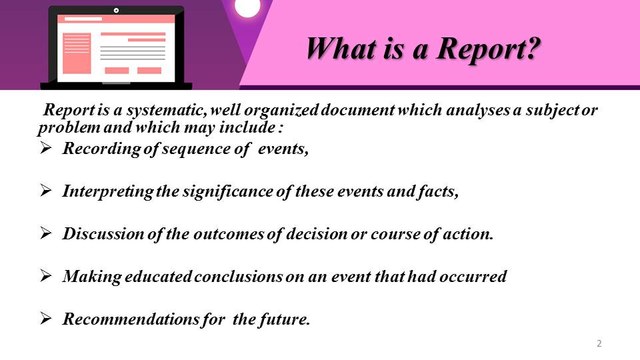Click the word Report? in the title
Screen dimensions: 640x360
pyautogui.click(x=489, y=49)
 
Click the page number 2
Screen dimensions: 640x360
pyautogui.click(x=599, y=343)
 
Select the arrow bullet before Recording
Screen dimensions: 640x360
pyautogui.click(x=46, y=147)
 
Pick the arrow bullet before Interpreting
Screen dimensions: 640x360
pyautogui.click(x=46, y=190)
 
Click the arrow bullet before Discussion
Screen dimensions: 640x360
pyautogui.click(x=46, y=233)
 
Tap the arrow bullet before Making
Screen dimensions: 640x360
pyautogui.click(x=46, y=275)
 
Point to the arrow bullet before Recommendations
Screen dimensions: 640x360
pyautogui.click(x=46, y=318)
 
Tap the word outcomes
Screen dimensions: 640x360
pyautogui.click(x=229, y=234)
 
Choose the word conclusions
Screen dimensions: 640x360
pyautogui.click(x=239, y=276)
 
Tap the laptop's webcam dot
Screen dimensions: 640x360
pyautogui.click(x=116, y=11)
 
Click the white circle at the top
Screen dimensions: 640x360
pyautogui.click(x=247, y=7)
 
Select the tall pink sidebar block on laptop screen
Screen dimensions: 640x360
pyautogui.click(x=77, y=53)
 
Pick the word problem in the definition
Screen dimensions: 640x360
pyautogui.click(x=69, y=128)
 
